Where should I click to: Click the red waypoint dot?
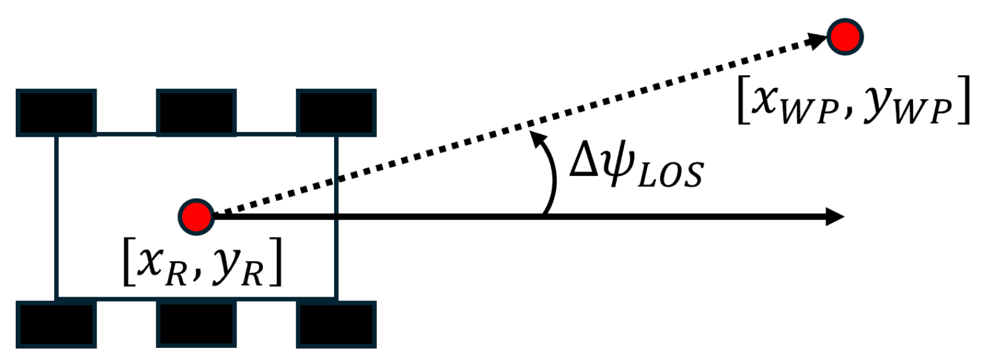pyautogui.click(x=845, y=37)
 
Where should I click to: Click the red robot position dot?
pyautogui.click(x=196, y=216)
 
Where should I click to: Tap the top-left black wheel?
pyautogui.click(x=56, y=113)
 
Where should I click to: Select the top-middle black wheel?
pyautogui.click(x=196, y=113)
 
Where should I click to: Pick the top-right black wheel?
pyautogui.click(x=336, y=113)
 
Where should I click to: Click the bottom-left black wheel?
pyautogui.click(x=56, y=324)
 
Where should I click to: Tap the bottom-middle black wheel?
pyautogui.click(x=196, y=324)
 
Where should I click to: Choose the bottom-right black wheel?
pyautogui.click(x=336, y=324)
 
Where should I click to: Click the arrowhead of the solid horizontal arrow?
pyautogui.click(x=835, y=216)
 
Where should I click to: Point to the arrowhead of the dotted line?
pyautogui.click(x=818, y=42)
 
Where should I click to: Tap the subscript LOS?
pyautogui.click(x=669, y=175)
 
